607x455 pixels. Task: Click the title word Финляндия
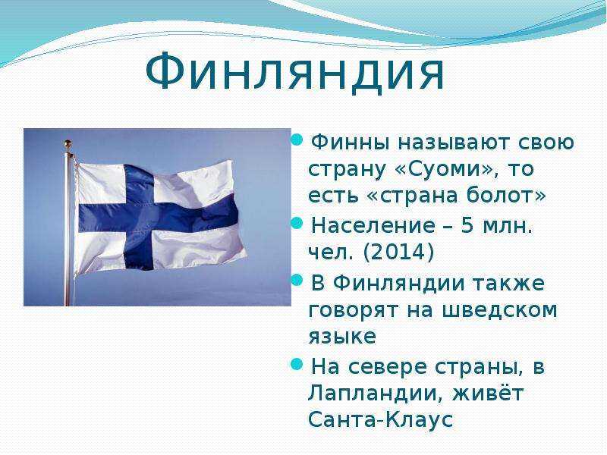pos(295,74)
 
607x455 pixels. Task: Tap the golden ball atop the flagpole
pos(68,144)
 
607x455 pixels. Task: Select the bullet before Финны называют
pos(297,140)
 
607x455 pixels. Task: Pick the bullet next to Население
pos(297,223)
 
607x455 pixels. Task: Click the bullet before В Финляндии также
pos(297,280)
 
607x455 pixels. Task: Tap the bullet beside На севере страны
pos(297,364)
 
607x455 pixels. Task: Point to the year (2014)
pos(398,253)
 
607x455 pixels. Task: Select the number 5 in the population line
pos(467,225)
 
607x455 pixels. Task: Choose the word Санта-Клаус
pos(380,419)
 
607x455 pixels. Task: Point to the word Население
pos(373,225)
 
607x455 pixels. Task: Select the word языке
pos(342,336)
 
